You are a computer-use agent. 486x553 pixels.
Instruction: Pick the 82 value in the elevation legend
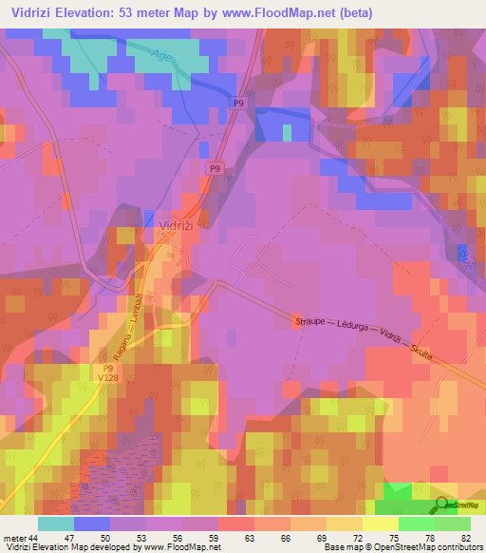[x=464, y=538]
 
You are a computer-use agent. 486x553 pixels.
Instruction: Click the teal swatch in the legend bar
[x=55, y=524]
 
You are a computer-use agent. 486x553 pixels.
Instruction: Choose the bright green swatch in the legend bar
[x=416, y=524]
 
